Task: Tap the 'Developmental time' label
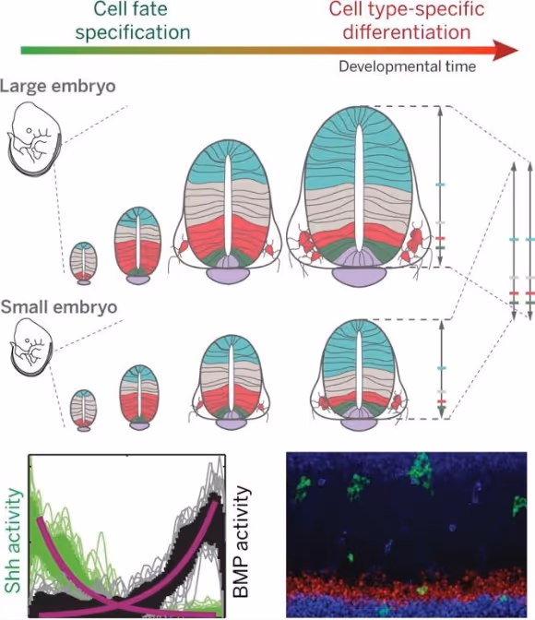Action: point(408,66)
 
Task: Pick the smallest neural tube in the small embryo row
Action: point(83,409)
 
